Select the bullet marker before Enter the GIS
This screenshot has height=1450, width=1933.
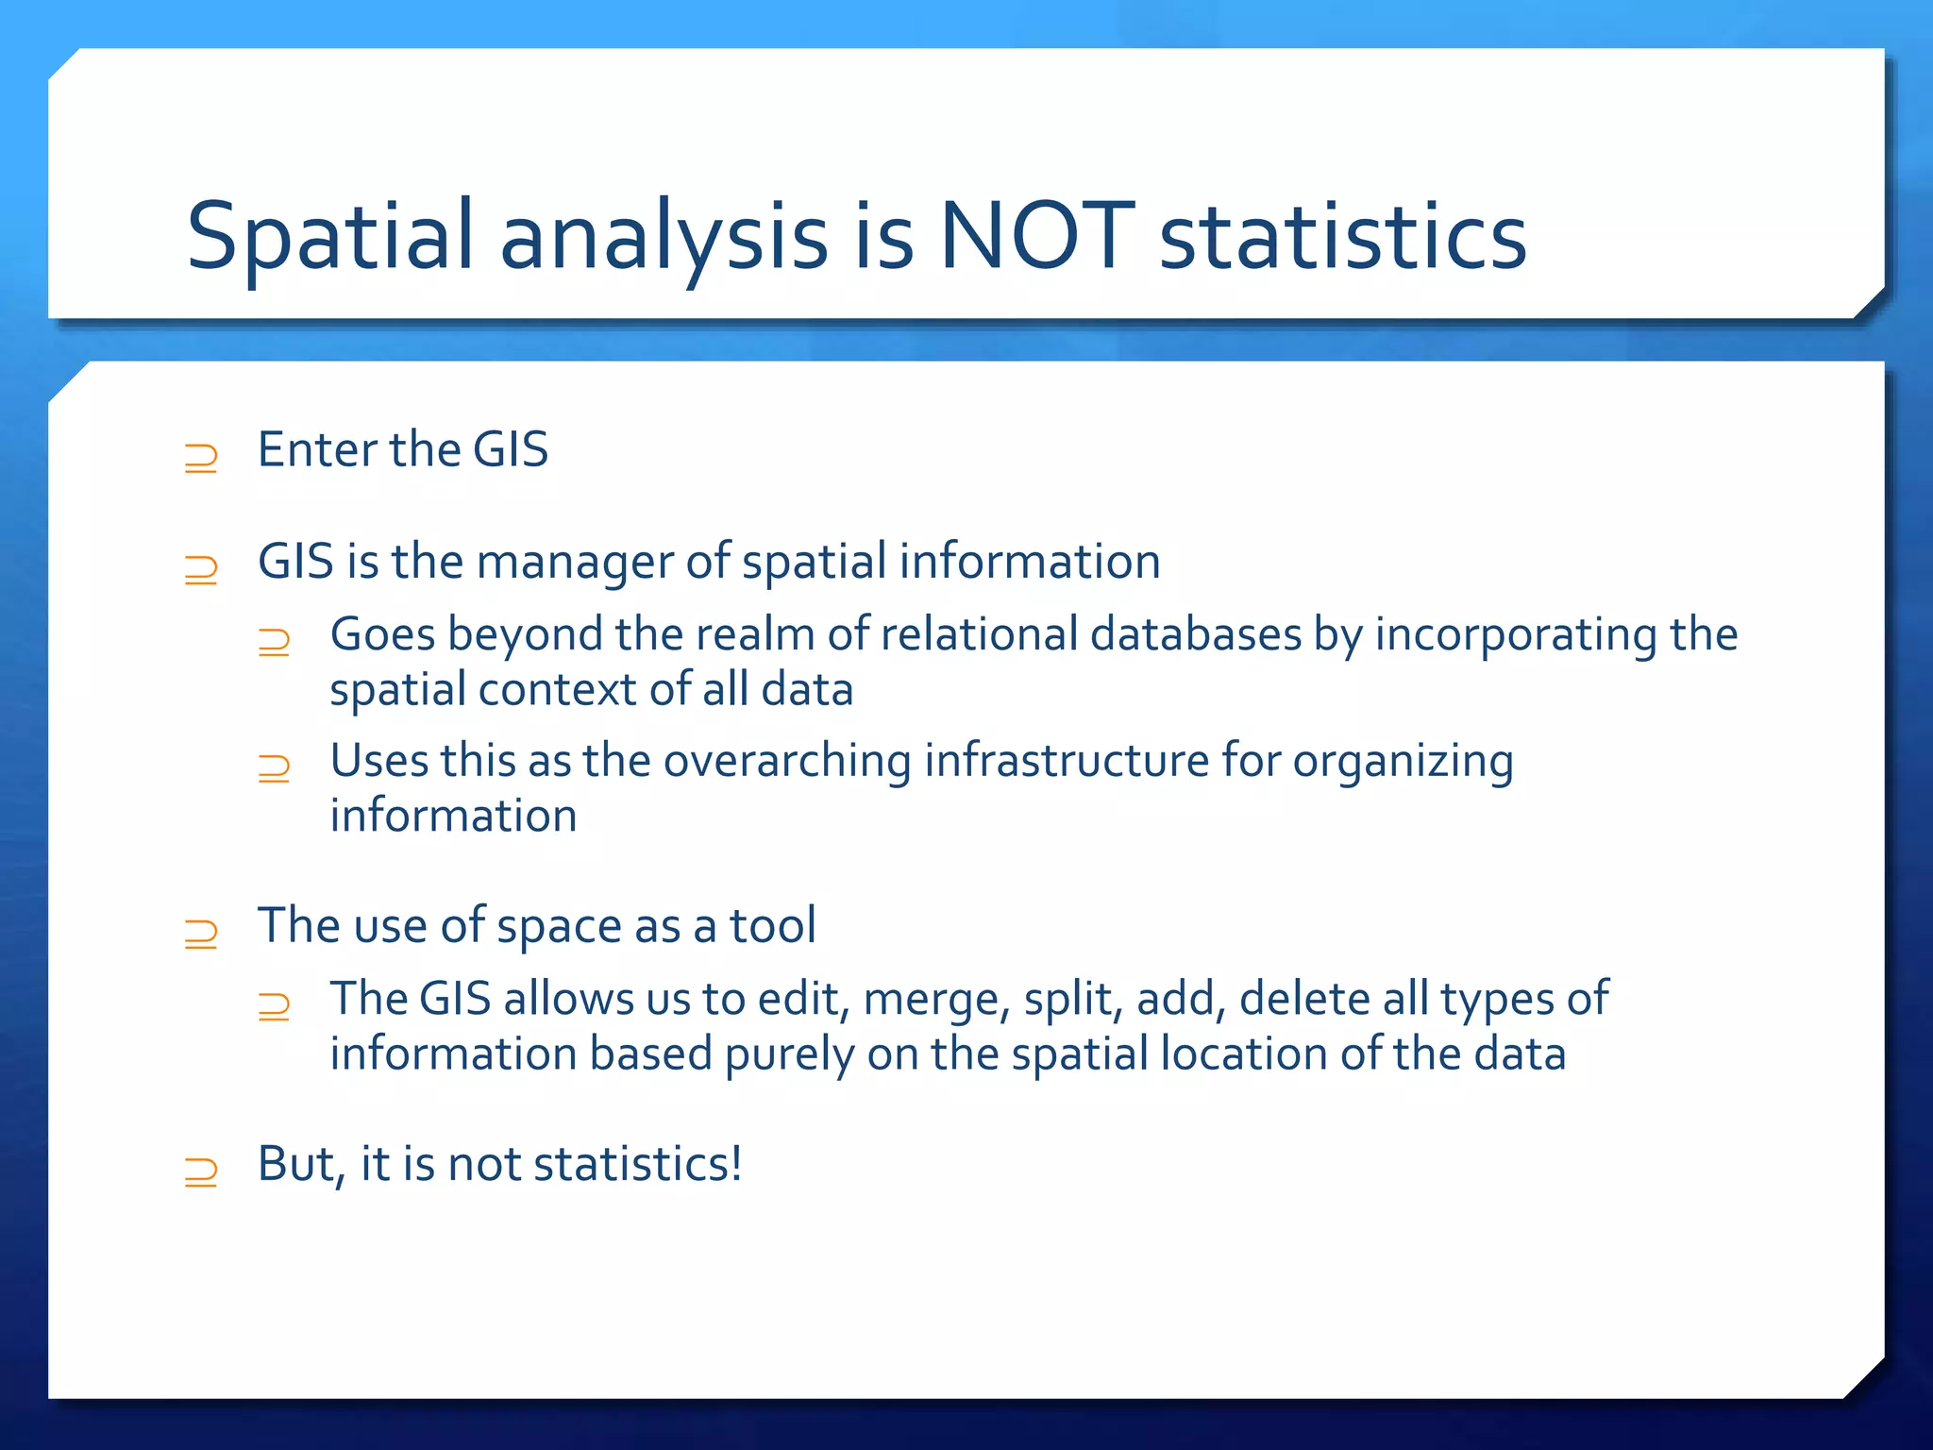point(201,458)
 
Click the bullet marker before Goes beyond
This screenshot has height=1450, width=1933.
point(274,642)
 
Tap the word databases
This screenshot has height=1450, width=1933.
point(1196,633)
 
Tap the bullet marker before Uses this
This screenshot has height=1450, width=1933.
point(274,768)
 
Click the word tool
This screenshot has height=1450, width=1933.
point(772,925)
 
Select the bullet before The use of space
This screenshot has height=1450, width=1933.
point(201,934)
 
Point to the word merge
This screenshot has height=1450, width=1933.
point(935,1000)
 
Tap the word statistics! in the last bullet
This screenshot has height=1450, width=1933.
point(638,1164)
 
